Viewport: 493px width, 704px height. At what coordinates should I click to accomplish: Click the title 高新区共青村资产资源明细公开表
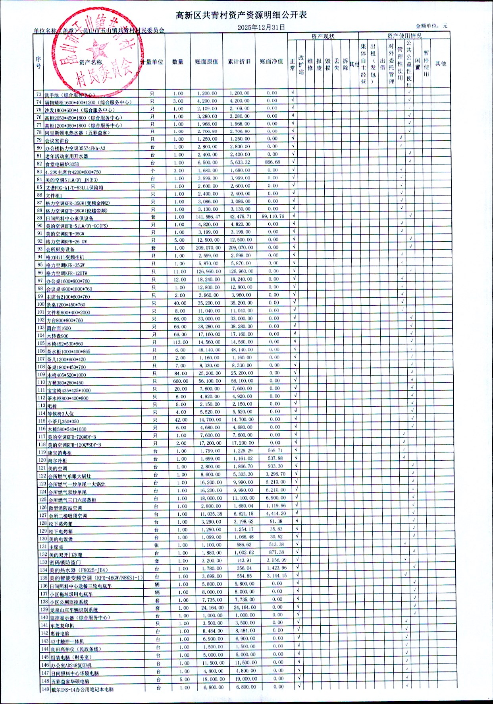[x=241, y=15]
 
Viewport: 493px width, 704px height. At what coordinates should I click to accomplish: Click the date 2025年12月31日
[x=261, y=27]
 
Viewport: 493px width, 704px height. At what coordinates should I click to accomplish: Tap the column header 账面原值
[x=206, y=62]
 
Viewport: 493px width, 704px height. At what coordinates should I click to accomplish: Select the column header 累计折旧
[x=239, y=62]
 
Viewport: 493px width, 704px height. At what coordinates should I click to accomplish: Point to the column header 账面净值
[x=272, y=62]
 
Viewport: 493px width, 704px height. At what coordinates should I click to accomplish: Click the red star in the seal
[x=97, y=51]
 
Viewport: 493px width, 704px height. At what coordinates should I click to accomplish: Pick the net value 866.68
[x=272, y=162]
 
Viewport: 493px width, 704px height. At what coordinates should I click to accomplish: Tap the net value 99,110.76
[x=273, y=217]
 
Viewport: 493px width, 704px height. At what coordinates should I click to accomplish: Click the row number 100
[x=40, y=304]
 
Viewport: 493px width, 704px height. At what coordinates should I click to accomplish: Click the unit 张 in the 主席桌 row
[x=157, y=545]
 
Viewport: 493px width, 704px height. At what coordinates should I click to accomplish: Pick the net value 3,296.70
[x=275, y=474]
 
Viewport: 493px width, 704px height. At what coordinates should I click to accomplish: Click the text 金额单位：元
[x=431, y=26]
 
